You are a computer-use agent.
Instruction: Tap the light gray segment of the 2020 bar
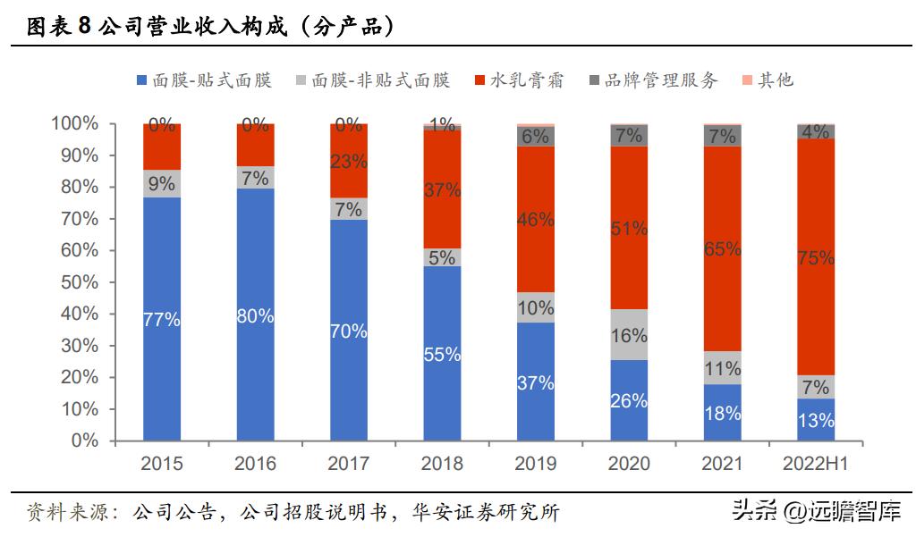click(629, 335)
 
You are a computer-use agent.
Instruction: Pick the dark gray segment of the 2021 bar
click(723, 136)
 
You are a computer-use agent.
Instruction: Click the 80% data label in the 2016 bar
click(255, 315)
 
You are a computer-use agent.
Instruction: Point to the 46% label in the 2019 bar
click(536, 219)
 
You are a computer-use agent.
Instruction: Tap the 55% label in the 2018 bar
click(442, 354)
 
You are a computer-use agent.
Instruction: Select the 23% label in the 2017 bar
click(349, 162)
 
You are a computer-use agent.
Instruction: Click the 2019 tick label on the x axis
click(536, 464)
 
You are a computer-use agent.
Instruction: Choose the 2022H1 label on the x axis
click(816, 464)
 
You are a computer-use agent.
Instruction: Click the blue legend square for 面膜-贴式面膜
click(141, 80)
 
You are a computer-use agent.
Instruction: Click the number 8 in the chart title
click(84, 28)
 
